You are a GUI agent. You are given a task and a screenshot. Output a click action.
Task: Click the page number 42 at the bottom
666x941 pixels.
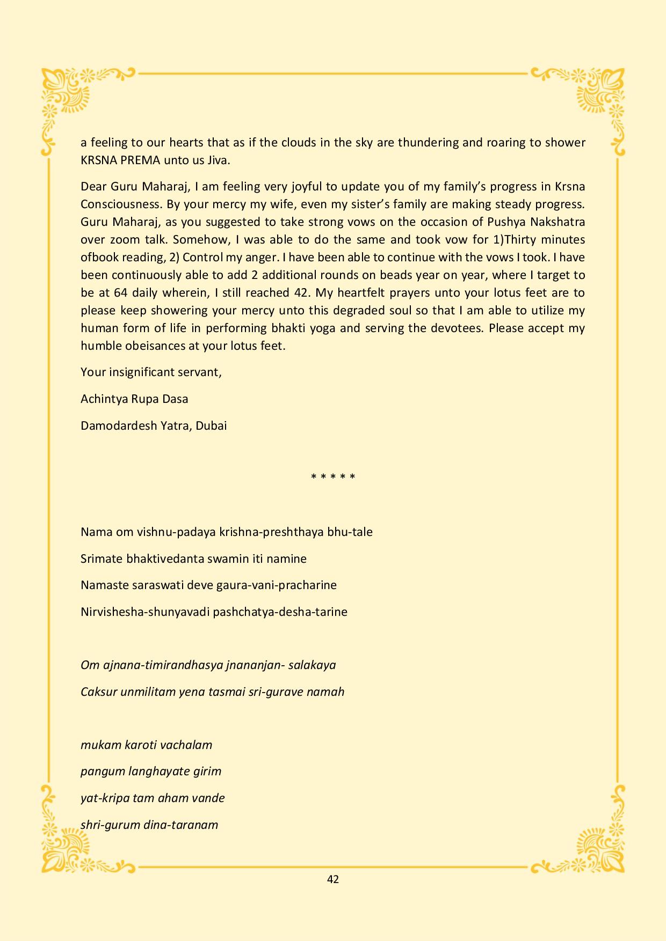(332, 879)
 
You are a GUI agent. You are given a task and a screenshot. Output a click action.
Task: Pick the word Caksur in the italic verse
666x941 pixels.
(98, 692)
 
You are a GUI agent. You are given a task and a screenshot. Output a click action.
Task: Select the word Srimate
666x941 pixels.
(102, 559)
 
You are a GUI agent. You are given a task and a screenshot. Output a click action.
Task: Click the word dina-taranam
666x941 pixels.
(180, 825)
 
